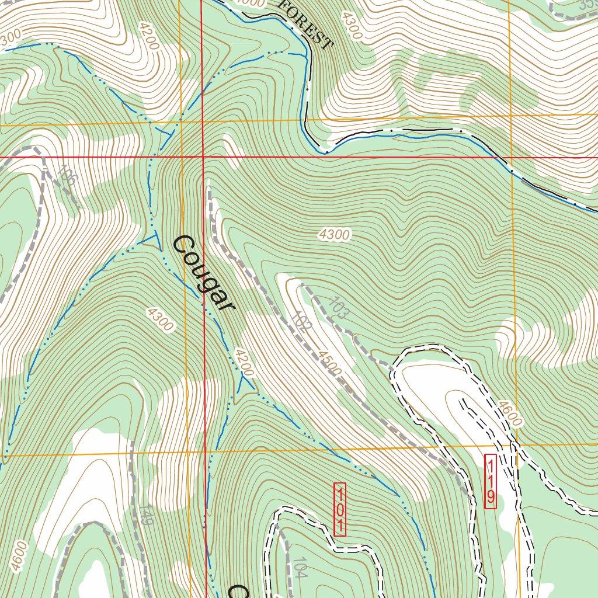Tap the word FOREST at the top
tap(304, 24)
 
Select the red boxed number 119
tap(491, 481)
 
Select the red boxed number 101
tap(340, 509)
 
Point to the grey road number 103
tap(339, 308)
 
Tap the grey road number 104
tap(300, 568)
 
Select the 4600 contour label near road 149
tap(19, 556)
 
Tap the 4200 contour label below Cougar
tap(244, 362)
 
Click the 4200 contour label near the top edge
tap(149, 37)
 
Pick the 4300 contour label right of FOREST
tap(352, 26)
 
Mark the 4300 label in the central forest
tap(335, 235)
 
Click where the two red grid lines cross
tap(203, 157)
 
